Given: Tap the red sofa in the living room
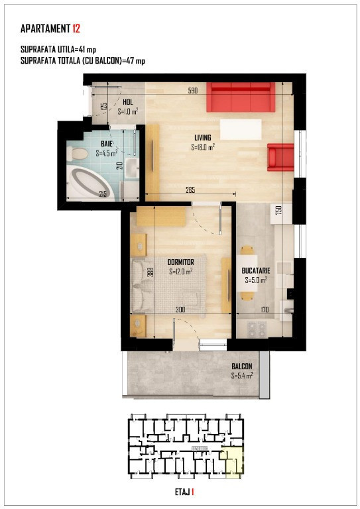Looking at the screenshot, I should click(239, 97).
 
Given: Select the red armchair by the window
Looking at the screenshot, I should click(280, 157).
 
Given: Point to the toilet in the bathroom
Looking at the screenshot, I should click(78, 154).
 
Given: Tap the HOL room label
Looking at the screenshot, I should click(127, 102).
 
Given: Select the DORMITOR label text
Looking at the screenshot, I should click(180, 262).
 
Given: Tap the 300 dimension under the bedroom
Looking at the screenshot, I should click(180, 309).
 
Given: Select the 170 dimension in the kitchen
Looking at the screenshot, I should click(264, 309).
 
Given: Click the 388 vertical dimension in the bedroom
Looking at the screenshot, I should click(151, 272).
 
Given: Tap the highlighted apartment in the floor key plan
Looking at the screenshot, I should click(233, 462).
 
